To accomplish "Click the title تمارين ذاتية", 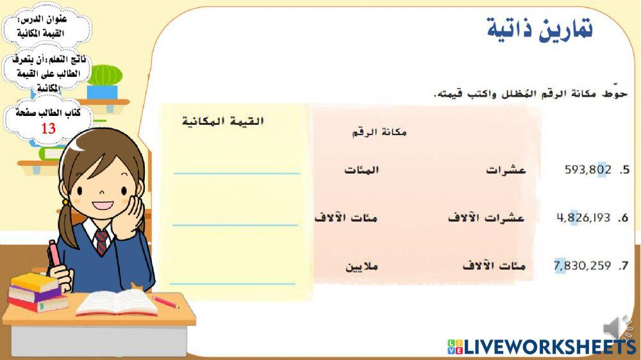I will [x=539, y=29].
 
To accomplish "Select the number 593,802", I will [x=588, y=170].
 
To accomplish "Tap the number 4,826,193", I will [x=583, y=218].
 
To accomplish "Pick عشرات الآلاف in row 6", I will [x=485, y=218].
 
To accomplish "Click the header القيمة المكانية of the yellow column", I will [x=222, y=122].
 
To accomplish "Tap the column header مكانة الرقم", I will [x=379, y=133].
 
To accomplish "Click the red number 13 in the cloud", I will [x=48, y=129].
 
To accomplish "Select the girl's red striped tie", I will [x=101, y=242].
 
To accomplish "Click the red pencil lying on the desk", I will [x=165, y=302].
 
